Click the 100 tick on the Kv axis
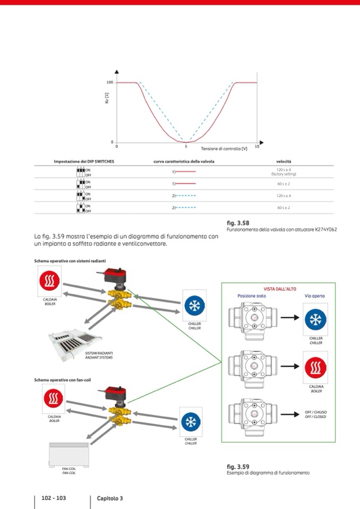[110, 82]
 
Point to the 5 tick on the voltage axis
[186, 146]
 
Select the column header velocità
[284, 161]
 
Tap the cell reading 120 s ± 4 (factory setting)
[284, 171]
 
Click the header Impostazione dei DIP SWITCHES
[84, 161]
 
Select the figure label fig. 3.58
[238, 223]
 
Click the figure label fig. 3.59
[238, 467]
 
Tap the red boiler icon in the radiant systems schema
[49, 281]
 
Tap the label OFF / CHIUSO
[316, 412]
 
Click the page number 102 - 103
[54, 498]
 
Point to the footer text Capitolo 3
[110, 498]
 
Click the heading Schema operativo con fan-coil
[61, 380]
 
